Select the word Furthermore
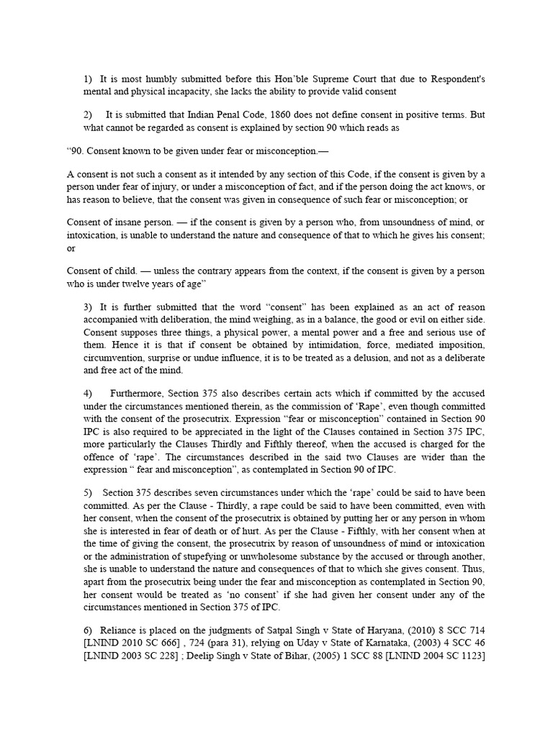pyautogui.click(x=138, y=393)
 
